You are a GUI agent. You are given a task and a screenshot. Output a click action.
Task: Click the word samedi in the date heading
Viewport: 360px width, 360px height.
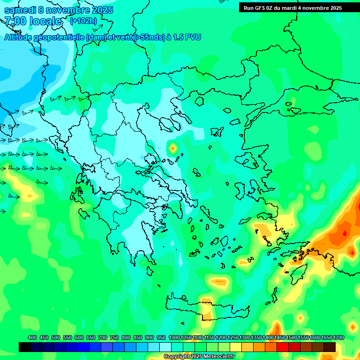[21, 10]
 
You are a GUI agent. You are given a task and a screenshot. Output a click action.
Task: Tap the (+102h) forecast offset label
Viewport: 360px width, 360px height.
[83, 21]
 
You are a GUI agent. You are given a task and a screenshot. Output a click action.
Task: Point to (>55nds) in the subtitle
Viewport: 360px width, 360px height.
[149, 37]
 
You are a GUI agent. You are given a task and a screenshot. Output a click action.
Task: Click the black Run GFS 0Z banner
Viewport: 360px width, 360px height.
[293, 7]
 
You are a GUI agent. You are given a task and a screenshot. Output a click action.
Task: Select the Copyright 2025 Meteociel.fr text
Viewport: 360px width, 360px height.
[199, 357]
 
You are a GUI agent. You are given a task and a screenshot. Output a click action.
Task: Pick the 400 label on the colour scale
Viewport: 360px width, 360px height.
[32, 337]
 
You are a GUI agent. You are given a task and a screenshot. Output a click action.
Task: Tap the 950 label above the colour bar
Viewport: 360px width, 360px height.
[161, 337]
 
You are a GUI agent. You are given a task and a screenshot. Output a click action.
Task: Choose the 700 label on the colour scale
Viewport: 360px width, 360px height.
[103, 337]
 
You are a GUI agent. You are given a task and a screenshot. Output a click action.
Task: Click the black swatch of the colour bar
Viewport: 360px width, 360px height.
[25, 347]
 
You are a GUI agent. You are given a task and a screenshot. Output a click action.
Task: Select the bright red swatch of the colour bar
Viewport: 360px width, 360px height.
[283, 347]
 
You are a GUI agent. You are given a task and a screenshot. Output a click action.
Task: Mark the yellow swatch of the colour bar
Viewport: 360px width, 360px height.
[236, 347]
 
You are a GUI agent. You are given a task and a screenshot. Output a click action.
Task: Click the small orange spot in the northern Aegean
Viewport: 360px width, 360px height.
[172, 149]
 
